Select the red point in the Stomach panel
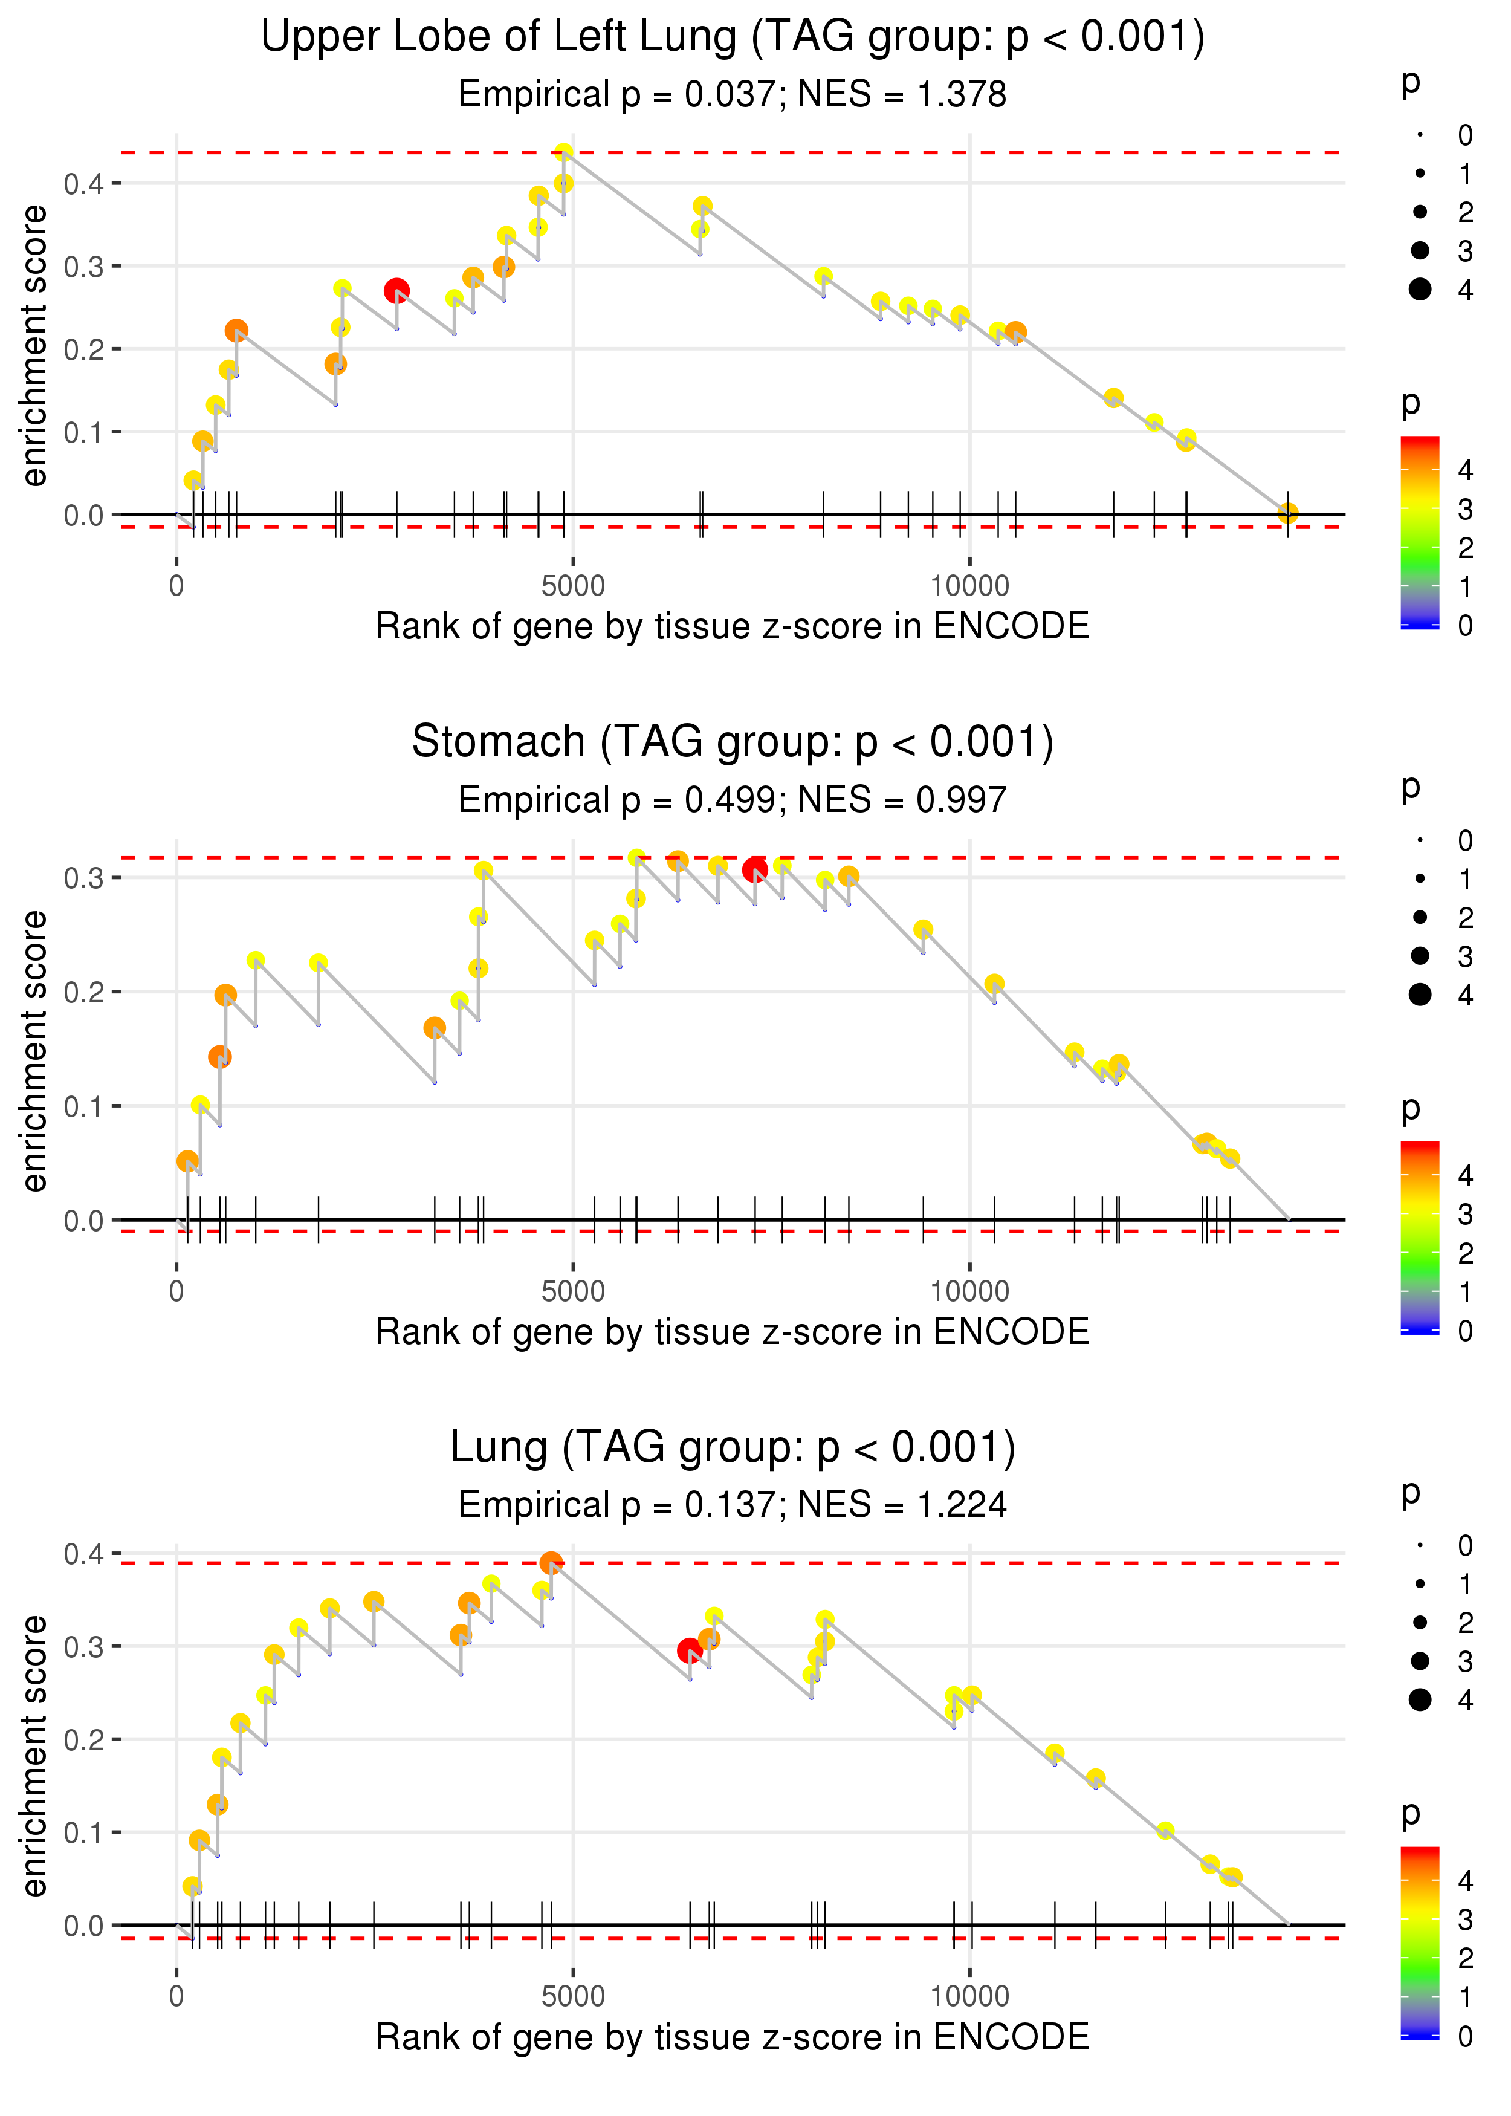click(754, 870)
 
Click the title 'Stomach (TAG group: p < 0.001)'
click(733, 742)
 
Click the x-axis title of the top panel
click(733, 626)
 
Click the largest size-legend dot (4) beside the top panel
click(1420, 290)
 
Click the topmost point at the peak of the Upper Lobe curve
click(563, 152)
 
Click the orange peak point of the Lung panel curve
click(551, 1562)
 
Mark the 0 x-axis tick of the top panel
click(176, 586)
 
